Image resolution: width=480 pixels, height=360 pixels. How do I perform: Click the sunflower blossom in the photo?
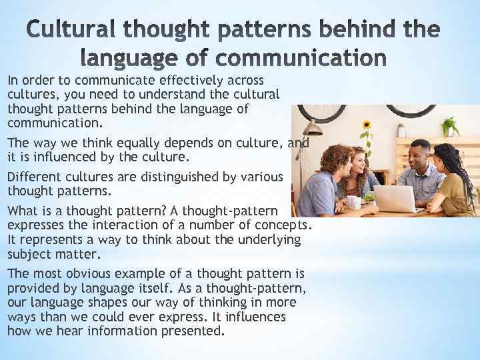(x=366, y=125)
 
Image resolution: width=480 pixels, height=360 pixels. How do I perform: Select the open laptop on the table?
(x=394, y=198)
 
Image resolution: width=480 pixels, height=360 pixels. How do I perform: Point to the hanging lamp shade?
(x=311, y=129)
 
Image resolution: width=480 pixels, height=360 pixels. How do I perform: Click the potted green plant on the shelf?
(x=450, y=125)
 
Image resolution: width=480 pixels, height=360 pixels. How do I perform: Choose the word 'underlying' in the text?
(x=267, y=239)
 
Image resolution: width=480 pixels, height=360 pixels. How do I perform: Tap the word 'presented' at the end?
(x=198, y=331)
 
